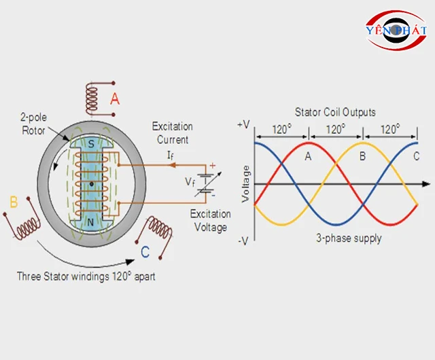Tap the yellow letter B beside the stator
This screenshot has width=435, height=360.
click(13, 202)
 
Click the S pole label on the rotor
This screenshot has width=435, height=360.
click(91, 145)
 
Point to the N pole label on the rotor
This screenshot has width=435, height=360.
click(91, 222)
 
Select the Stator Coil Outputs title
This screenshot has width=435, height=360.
click(335, 111)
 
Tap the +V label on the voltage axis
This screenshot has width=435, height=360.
click(243, 126)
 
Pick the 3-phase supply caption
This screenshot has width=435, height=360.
click(349, 238)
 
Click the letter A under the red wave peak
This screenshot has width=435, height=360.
click(308, 156)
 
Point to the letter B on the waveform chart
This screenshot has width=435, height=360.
click(362, 156)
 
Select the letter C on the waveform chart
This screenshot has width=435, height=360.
click(416, 156)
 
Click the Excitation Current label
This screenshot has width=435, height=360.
click(172, 133)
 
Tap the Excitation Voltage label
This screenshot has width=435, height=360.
click(211, 221)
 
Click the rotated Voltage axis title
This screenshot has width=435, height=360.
click(246, 183)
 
